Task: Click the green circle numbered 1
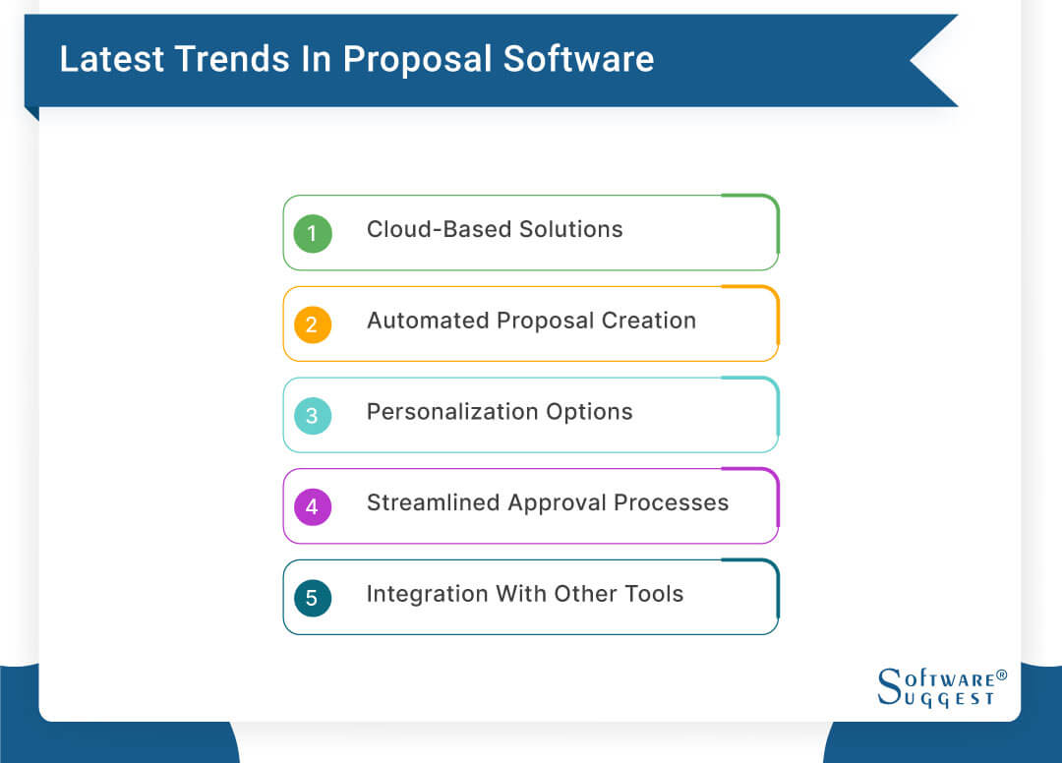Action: pos(313,233)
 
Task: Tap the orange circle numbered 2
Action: pos(313,324)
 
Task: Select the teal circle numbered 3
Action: pos(313,415)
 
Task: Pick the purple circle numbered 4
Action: pos(313,506)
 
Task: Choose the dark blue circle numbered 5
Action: pos(313,598)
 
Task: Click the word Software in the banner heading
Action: pos(578,59)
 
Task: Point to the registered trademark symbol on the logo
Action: pos(1001,675)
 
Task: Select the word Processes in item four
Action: pos(672,503)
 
